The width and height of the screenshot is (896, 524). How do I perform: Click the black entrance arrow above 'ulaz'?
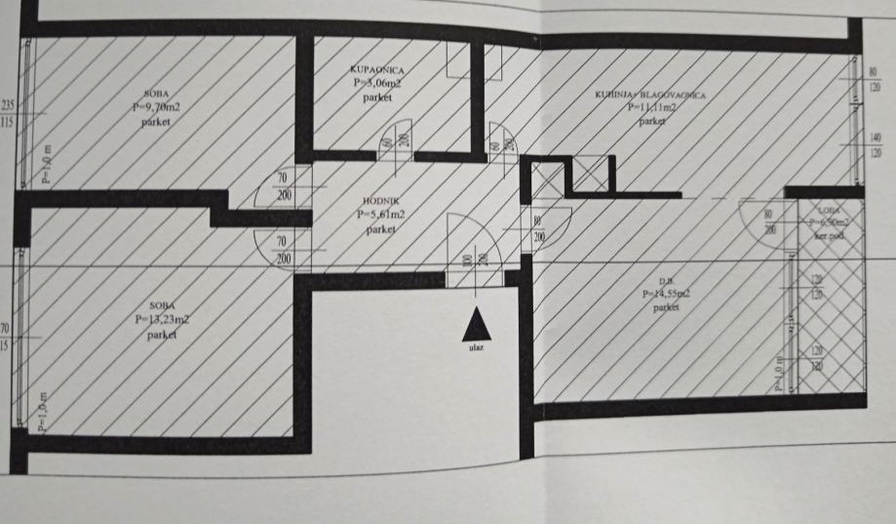pyautogui.click(x=474, y=323)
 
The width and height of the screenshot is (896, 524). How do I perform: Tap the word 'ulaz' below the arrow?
pyautogui.click(x=475, y=346)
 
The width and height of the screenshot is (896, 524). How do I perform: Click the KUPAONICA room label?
pyautogui.click(x=375, y=69)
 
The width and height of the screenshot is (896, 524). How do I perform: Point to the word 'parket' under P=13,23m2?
pyautogui.click(x=163, y=333)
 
